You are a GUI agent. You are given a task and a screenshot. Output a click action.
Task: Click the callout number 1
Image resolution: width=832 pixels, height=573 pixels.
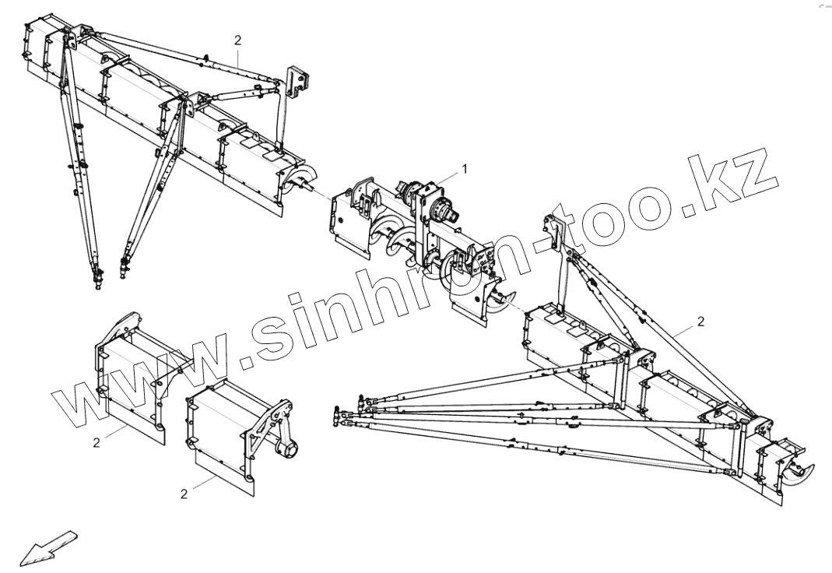click(x=465, y=167)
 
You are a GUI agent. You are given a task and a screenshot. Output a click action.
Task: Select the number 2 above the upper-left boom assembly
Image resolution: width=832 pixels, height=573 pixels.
click(x=238, y=40)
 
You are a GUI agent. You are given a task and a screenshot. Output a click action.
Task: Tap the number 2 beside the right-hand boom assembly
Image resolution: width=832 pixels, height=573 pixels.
click(x=700, y=321)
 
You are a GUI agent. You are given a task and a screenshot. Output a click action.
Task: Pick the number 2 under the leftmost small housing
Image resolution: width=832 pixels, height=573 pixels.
click(x=97, y=442)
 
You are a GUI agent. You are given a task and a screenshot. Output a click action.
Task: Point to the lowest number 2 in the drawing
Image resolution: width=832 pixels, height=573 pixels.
click(x=184, y=494)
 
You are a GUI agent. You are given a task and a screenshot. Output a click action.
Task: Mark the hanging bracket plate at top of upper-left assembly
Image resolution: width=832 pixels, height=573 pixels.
click(x=298, y=80)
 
